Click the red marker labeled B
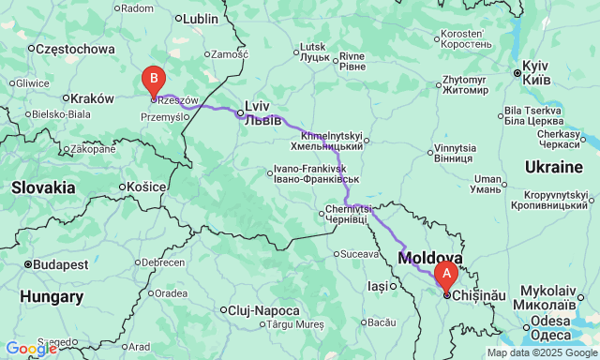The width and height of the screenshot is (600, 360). click(x=153, y=79)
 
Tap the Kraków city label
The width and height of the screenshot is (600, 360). click(x=92, y=97)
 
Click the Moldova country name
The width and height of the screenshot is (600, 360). click(x=430, y=257)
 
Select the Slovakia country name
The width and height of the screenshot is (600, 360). click(x=44, y=187)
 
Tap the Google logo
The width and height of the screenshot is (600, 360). click(x=30, y=349)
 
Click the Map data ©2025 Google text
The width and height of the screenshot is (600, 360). click(x=540, y=352)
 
